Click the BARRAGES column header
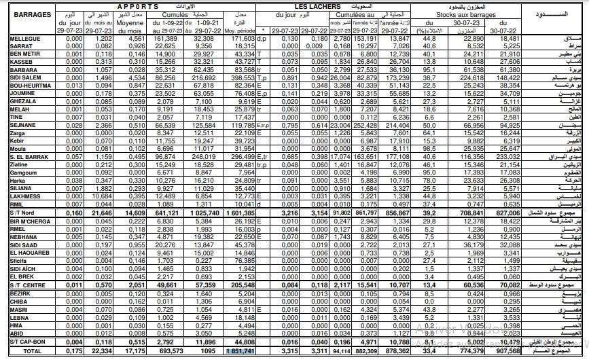(28, 14)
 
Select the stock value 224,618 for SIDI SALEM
(468, 79)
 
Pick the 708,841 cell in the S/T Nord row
(468, 213)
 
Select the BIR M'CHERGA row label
(31, 221)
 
